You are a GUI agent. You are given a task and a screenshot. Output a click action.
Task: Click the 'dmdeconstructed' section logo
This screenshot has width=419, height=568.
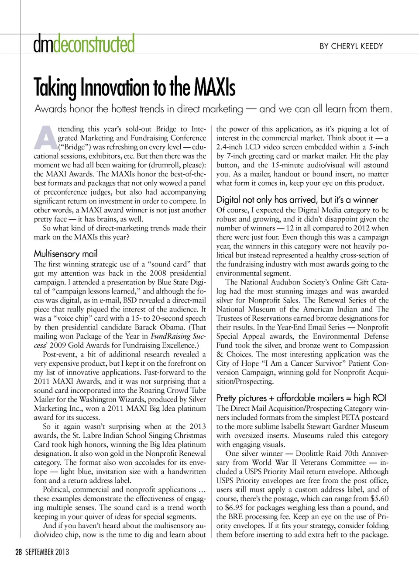[x=84, y=44]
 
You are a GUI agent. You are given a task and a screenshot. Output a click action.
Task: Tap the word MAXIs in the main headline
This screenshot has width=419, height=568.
[x=214, y=87]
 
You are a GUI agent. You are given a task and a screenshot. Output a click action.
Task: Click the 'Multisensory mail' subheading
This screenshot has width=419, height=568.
[x=65, y=253]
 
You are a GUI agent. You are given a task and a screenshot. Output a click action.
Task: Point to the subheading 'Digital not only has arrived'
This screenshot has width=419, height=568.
[x=297, y=200]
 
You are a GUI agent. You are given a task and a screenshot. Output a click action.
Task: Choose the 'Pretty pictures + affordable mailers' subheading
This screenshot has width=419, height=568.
[x=301, y=398]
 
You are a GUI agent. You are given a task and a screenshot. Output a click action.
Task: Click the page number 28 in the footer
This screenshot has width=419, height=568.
[x=18, y=552]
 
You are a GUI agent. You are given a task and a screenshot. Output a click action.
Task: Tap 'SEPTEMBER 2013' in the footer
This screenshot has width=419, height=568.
[x=47, y=552]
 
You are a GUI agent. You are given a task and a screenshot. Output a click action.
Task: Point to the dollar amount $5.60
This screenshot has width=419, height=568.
[x=378, y=499]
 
